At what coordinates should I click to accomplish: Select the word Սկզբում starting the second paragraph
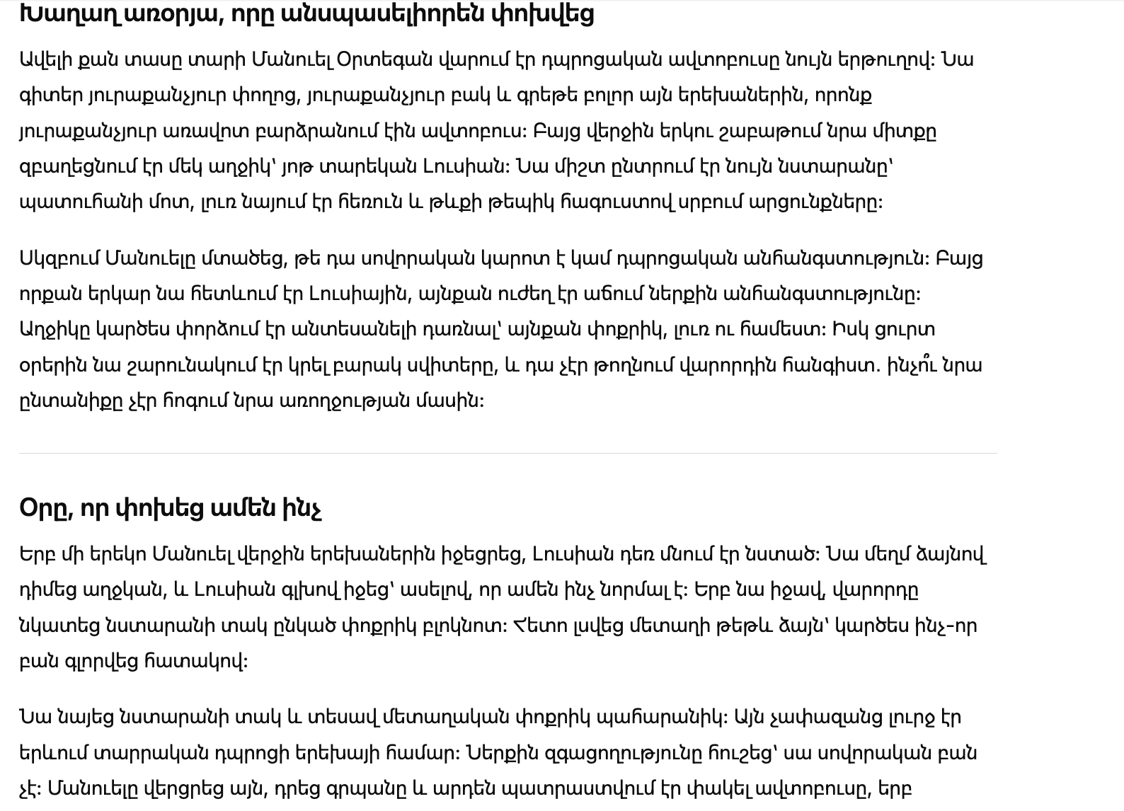[59, 258]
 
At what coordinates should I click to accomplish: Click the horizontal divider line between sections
[507, 453]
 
